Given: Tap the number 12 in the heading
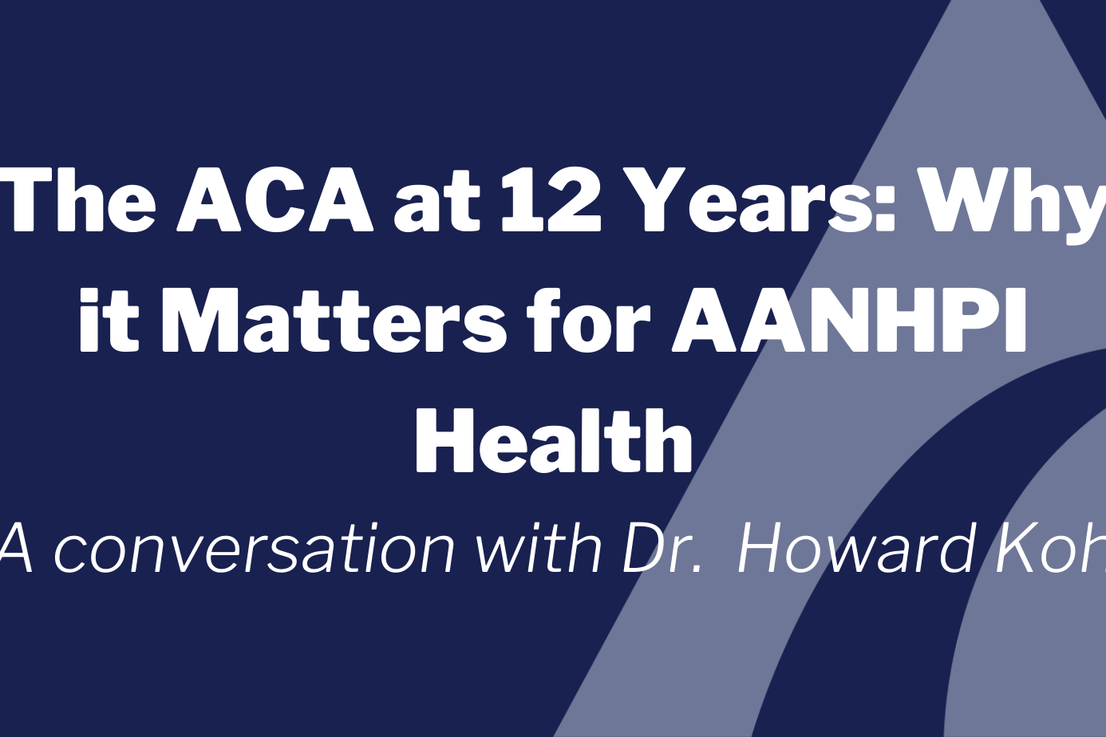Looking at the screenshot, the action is click(x=550, y=199).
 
